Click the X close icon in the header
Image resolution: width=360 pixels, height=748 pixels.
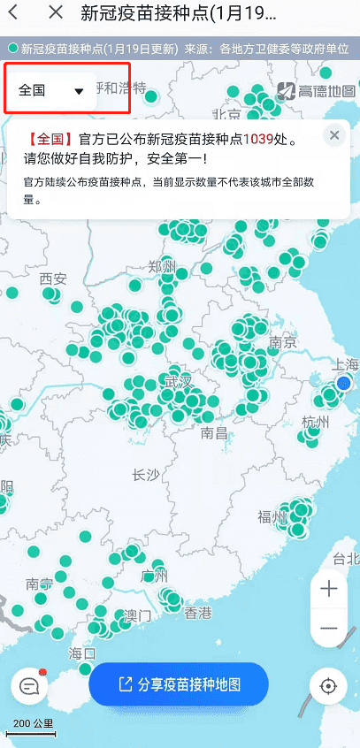click(56, 12)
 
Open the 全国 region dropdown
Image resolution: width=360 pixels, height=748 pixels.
click(51, 90)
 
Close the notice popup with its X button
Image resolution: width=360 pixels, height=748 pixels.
click(334, 135)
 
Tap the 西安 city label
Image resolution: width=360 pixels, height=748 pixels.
click(53, 279)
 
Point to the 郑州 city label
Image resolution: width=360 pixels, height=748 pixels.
click(163, 266)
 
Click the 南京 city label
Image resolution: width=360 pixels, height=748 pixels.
click(281, 342)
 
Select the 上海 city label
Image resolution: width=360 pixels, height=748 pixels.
click(344, 365)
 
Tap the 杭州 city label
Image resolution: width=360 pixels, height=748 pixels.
click(315, 421)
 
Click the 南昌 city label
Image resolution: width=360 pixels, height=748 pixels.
click(214, 432)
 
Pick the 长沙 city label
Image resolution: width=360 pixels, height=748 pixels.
click(145, 475)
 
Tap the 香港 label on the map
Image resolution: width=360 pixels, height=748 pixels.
click(197, 613)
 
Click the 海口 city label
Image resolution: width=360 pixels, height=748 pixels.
click(81, 653)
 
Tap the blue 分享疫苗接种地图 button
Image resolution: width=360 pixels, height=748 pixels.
click(179, 684)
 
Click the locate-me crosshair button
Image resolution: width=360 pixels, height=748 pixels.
click(329, 686)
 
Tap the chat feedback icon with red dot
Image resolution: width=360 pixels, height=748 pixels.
click(29, 686)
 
